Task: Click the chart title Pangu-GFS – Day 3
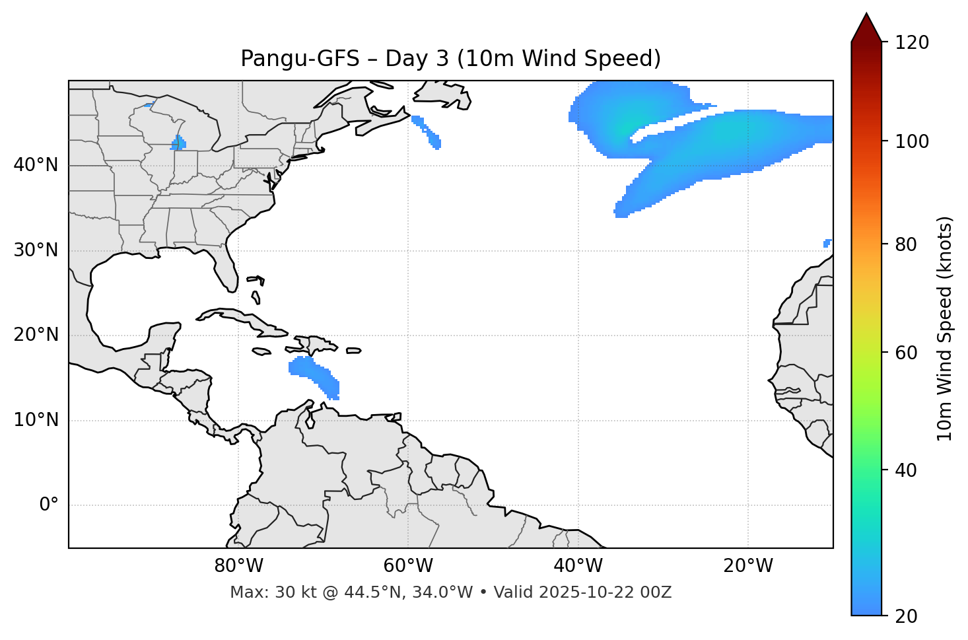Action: tap(450, 59)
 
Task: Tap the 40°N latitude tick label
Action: tap(36, 165)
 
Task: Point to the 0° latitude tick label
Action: tap(49, 505)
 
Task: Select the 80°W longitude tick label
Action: tap(238, 566)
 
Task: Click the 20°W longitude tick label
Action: tap(748, 566)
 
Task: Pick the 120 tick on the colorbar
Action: tap(912, 43)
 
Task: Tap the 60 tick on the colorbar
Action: tap(907, 353)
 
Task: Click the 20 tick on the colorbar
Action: tap(907, 616)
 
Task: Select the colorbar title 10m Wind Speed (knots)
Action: tap(945, 328)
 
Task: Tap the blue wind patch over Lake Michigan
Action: tap(178, 143)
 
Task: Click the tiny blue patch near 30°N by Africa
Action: tap(827, 243)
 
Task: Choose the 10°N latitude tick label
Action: tap(36, 420)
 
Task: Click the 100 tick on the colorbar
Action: tap(912, 141)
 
